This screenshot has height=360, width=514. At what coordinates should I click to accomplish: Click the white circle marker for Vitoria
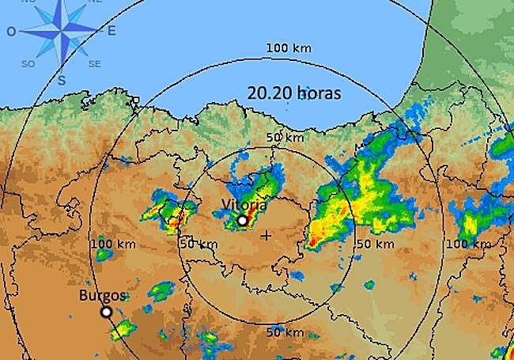click(x=242, y=221)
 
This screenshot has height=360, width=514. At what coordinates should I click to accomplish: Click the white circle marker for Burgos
click(x=106, y=313)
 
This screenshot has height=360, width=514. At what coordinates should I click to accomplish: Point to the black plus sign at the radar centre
click(x=266, y=235)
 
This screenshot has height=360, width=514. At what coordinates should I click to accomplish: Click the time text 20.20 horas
click(x=293, y=93)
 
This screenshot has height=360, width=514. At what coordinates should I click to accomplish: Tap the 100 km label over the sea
click(x=289, y=48)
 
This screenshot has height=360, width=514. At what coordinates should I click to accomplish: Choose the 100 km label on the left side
click(x=113, y=243)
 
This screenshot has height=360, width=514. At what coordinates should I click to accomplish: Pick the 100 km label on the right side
click(x=468, y=244)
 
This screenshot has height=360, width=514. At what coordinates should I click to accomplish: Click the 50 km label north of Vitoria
click(x=285, y=137)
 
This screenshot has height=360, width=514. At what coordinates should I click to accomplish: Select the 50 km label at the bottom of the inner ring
click(x=283, y=331)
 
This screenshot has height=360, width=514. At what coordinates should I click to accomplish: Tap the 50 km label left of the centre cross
click(x=198, y=244)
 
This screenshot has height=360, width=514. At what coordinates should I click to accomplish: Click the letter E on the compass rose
click(x=111, y=31)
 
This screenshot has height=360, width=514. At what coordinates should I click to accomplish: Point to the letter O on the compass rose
click(x=11, y=32)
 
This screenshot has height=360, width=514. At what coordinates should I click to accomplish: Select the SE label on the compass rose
click(x=95, y=63)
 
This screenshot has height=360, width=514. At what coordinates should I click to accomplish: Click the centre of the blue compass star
click(x=62, y=30)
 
